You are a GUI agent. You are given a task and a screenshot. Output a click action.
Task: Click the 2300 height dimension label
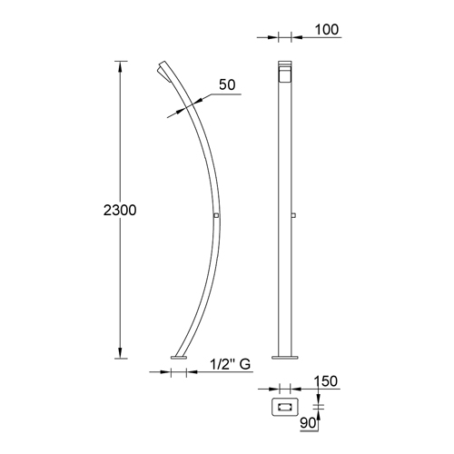(x=119, y=210)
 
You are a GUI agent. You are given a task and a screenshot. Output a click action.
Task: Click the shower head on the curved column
(x=164, y=71)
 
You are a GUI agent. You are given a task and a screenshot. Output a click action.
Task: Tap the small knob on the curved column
(x=215, y=215)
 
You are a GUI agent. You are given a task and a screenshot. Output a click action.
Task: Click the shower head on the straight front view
(x=284, y=69)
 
